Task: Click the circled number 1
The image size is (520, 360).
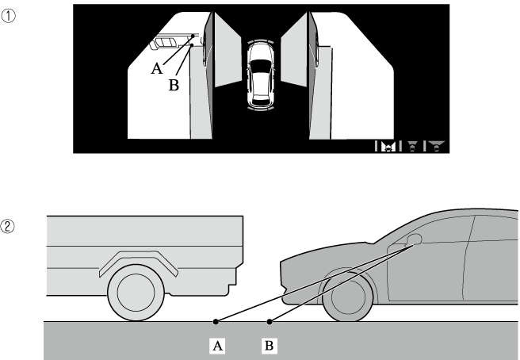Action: click(8, 16)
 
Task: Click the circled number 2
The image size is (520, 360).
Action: click(8, 226)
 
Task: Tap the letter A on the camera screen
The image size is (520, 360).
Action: click(157, 69)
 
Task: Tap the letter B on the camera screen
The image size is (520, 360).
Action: click(174, 85)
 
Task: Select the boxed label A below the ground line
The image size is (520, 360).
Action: click(217, 346)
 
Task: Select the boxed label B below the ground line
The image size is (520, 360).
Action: click(269, 346)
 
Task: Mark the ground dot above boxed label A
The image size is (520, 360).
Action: click(216, 321)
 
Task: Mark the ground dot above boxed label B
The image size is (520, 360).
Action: click(270, 321)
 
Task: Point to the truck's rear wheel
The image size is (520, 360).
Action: click(136, 293)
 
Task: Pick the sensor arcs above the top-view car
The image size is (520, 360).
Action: click(261, 42)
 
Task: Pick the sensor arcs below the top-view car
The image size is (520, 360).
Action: click(261, 108)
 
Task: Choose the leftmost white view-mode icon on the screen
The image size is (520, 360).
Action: click(388, 146)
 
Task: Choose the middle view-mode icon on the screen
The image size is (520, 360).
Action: click(412, 146)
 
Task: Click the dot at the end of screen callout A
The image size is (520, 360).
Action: click(193, 36)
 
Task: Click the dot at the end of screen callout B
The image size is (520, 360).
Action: click(192, 44)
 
